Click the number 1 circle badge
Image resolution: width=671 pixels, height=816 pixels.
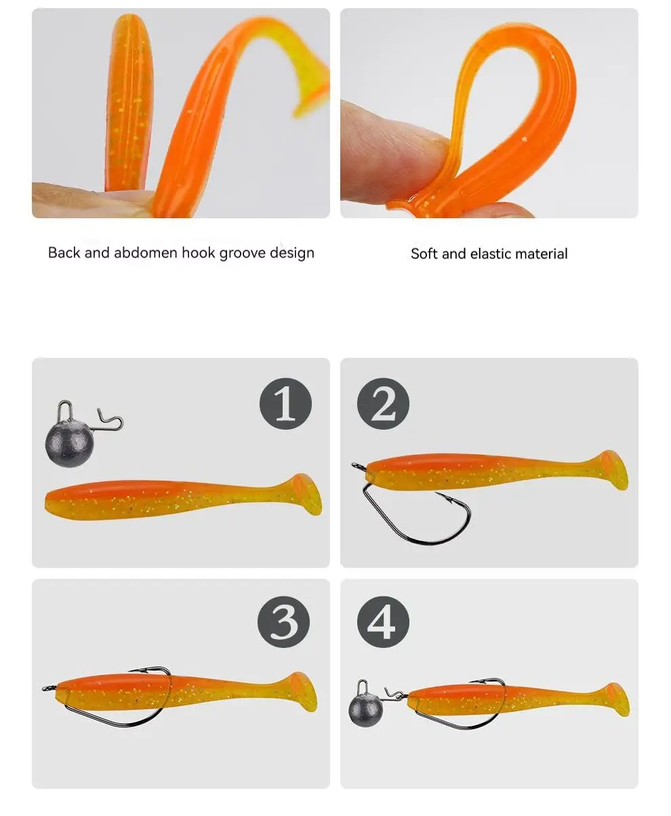[x=285, y=404]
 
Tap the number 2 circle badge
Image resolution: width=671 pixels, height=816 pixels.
[x=383, y=404]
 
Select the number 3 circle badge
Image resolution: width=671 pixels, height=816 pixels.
[x=283, y=622]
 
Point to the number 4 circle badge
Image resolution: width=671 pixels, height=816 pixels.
[x=383, y=622]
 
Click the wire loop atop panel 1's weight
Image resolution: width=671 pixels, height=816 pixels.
[x=65, y=410]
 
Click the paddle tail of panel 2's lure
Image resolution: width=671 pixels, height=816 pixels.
[x=613, y=470]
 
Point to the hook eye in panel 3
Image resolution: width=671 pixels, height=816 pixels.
[x=47, y=688]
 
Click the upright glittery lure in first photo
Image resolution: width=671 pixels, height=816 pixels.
[x=129, y=102]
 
